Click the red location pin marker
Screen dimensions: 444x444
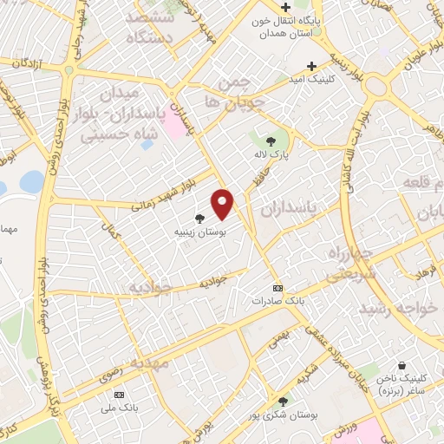coord(224,203)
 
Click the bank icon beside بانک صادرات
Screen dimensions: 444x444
coord(277,287)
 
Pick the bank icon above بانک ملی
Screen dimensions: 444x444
coord(130,392)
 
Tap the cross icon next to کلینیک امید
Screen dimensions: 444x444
coord(312,65)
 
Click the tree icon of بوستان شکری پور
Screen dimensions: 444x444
coord(283,401)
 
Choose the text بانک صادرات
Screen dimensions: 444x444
coord(275,300)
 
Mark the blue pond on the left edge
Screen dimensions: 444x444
coord(31,181)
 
